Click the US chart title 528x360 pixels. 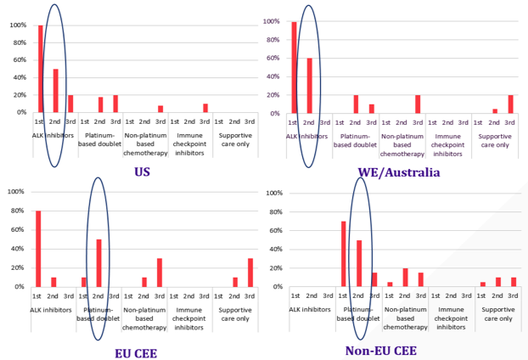(142, 172)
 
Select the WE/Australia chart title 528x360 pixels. (399, 172)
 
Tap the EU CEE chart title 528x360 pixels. (136, 353)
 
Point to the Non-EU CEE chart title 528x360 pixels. (381, 351)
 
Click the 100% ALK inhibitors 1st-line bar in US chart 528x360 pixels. (41, 69)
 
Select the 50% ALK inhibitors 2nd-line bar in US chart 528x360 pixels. (55, 91)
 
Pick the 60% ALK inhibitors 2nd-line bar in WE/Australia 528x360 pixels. (310, 86)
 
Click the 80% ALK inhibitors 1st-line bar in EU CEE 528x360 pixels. (38, 249)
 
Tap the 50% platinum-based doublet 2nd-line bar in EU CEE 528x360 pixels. (98, 263)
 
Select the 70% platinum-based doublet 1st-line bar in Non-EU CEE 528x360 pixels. (344, 254)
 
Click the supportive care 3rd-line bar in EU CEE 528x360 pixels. (250, 273)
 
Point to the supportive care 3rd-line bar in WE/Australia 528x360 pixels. (511, 104)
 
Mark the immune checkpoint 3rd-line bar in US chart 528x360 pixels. (205, 108)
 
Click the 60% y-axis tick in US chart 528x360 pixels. (20, 60)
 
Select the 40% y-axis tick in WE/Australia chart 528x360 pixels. (272, 76)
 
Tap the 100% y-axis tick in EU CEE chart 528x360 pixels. (16, 192)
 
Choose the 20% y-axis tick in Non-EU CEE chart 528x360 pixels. (276, 268)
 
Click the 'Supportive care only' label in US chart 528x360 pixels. (235, 140)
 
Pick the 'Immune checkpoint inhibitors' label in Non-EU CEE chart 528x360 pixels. (451, 318)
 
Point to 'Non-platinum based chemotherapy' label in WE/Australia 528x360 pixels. (402, 145)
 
